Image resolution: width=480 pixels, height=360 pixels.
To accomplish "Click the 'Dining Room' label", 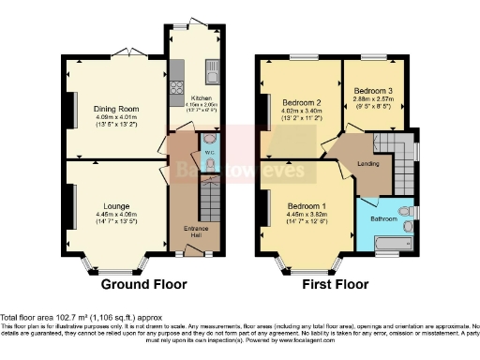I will [x=116, y=110].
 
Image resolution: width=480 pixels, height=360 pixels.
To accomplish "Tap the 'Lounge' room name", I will [x=116, y=197].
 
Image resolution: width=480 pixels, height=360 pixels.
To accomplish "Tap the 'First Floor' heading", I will [x=333, y=284].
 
